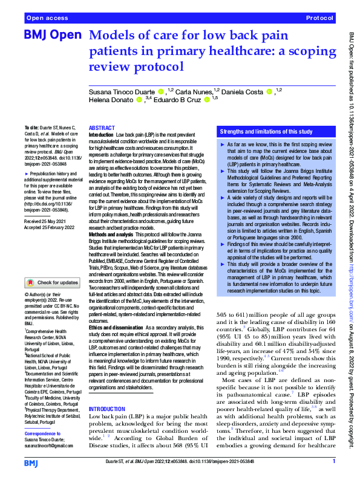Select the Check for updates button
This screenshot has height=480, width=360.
(x=53, y=282)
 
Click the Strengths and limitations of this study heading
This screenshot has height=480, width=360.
(x=266, y=131)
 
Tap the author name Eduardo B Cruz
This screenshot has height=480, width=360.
(x=178, y=101)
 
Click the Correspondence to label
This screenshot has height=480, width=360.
(x=45, y=433)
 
